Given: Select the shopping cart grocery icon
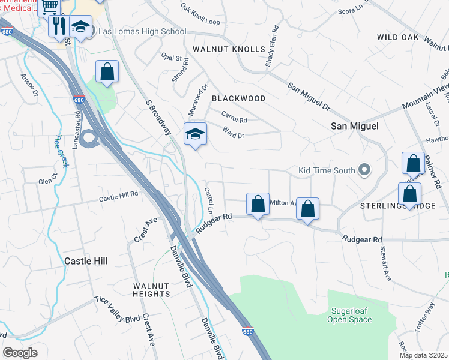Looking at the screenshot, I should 50,7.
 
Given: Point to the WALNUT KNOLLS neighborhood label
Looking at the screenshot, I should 229,49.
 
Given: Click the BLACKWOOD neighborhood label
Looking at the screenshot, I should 238,98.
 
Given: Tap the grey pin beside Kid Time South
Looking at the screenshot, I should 364,170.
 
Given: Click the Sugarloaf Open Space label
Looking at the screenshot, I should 349,316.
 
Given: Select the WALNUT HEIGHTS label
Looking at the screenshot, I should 151,290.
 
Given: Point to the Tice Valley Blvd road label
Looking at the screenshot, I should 116,310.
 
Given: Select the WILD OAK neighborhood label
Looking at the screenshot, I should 397,37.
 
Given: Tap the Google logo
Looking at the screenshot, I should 20,353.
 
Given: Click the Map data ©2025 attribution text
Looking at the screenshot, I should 423,355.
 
